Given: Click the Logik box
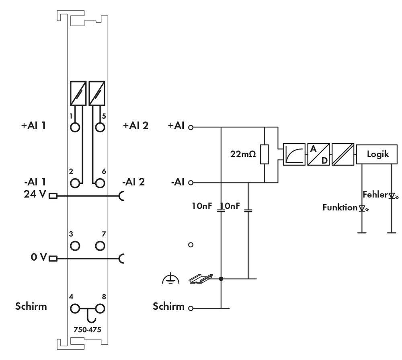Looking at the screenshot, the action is click(377, 154).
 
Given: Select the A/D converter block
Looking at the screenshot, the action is click(318, 154).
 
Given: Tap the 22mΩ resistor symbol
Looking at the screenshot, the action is click(265, 154).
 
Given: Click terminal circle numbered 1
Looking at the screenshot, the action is click(75, 128).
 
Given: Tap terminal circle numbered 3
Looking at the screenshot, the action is click(75, 245).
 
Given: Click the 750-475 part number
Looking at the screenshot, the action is click(87, 330).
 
